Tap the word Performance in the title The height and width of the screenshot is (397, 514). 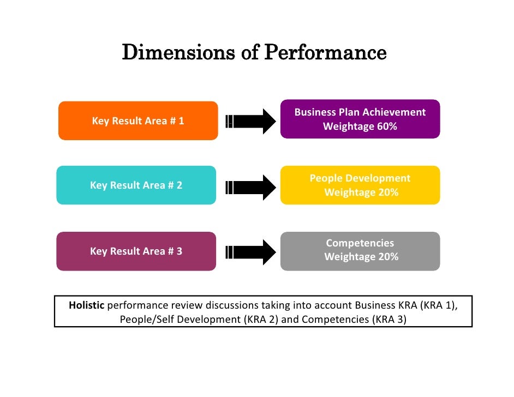pyautogui.click(x=325, y=53)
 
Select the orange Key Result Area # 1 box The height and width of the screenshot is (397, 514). pyautogui.click(x=138, y=121)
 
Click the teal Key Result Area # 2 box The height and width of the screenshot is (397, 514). pyautogui.click(x=136, y=185)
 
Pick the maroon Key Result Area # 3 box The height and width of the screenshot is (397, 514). pyautogui.click(x=136, y=251)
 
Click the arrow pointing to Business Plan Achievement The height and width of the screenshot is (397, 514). pyautogui.click(x=251, y=121)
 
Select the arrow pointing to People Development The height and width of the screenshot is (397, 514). pyautogui.click(x=251, y=187)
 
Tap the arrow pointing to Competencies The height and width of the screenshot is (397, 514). pyautogui.click(x=251, y=251)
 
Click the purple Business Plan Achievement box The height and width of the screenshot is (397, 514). pyautogui.click(x=360, y=119)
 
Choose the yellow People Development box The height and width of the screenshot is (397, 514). pyautogui.click(x=360, y=185)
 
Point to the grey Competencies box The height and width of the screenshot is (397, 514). pyautogui.click(x=360, y=251)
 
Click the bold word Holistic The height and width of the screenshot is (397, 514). pyautogui.click(x=86, y=305)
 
